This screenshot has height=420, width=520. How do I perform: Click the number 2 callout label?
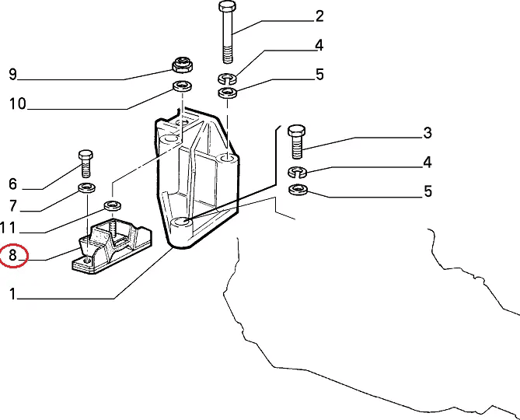pyautogui.click(x=319, y=16)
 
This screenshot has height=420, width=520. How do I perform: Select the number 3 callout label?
pyautogui.click(x=427, y=133)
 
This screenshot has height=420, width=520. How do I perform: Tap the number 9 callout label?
pyautogui.click(x=12, y=75)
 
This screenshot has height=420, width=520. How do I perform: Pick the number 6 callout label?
pyautogui.click(x=12, y=184)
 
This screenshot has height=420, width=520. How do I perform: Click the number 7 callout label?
pyautogui.click(x=12, y=206)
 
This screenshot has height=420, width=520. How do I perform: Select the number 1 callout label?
pyautogui.click(x=12, y=293)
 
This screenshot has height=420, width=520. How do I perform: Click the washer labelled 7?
pyautogui.click(x=86, y=188)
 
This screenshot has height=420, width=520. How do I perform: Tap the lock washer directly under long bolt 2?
pyautogui.click(x=226, y=78)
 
